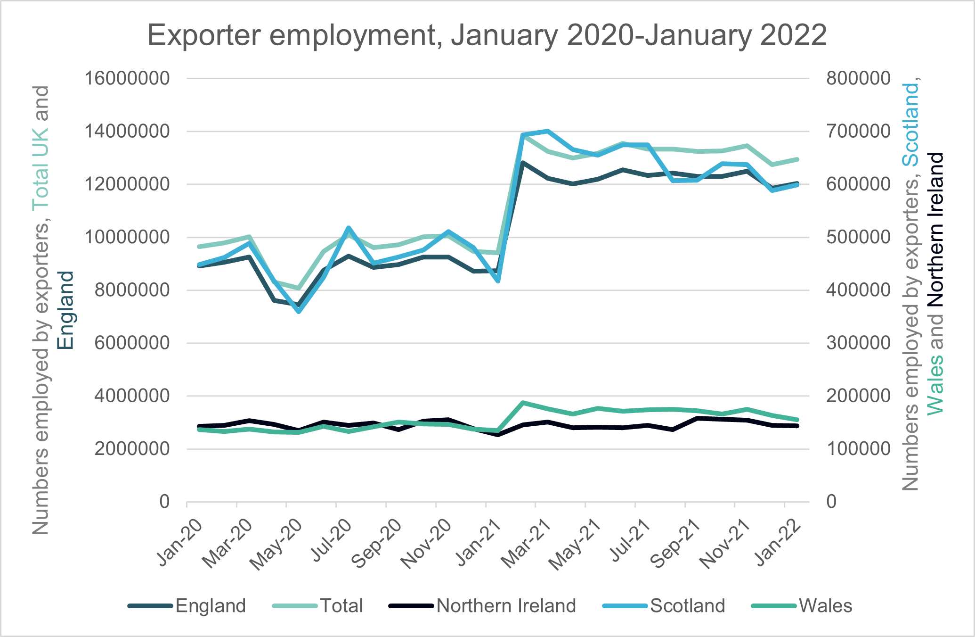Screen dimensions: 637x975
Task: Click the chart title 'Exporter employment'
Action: coord(487,35)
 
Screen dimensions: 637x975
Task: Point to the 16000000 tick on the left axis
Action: coord(127,78)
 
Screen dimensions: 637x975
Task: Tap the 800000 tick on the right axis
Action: coord(858,78)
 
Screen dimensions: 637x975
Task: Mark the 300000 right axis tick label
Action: coord(858,343)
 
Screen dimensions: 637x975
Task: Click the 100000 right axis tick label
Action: coord(858,448)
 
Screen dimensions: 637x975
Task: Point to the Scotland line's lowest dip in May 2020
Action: coord(299,312)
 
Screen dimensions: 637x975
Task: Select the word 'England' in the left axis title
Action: coord(66,310)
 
